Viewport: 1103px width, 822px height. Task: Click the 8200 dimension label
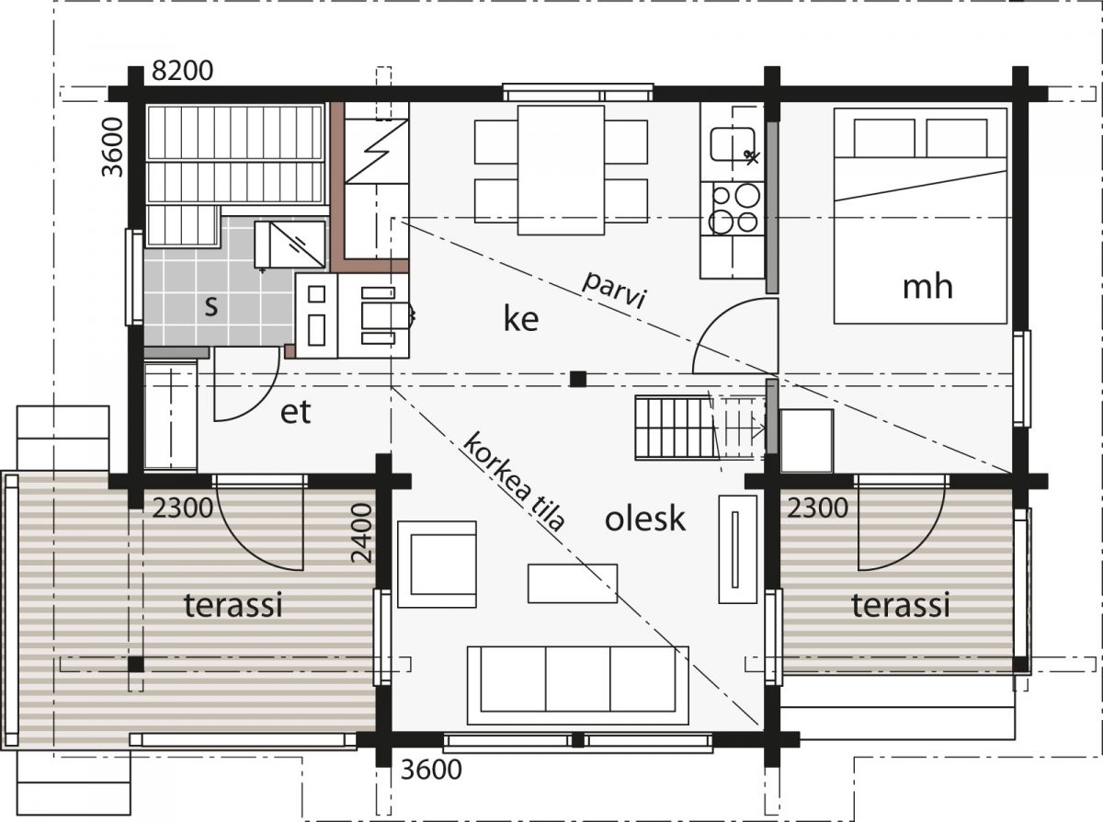pyautogui.click(x=183, y=71)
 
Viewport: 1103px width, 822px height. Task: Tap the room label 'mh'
pyautogui.click(x=927, y=288)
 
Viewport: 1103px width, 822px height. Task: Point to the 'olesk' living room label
pyautogui.click(x=645, y=519)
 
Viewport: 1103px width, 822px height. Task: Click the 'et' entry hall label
pyautogui.click(x=295, y=412)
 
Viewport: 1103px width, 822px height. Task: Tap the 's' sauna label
pyautogui.click(x=211, y=306)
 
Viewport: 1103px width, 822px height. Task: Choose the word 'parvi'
pyautogui.click(x=615, y=291)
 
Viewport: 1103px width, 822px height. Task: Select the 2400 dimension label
pyautogui.click(x=361, y=533)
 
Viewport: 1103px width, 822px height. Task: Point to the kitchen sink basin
pyautogui.click(x=733, y=144)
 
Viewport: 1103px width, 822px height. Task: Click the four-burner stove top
pyautogui.click(x=733, y=209)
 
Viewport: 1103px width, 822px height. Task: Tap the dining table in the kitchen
pyautogui.click(x=561, y=170)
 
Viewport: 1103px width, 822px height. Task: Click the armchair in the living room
pyautogui.click(x=438, y=565)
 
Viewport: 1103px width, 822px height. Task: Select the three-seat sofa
pyautogui.click(x=578, y=685)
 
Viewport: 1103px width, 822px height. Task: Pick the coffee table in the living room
pyautogui.click(x=573, y=583)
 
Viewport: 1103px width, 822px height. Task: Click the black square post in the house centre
pyautogui.click(x=578, y=379)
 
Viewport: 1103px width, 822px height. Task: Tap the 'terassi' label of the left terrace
pyautogui.click(x=233, y=605)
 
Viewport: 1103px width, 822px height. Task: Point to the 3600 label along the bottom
pyautogui.click(x=431, y=770)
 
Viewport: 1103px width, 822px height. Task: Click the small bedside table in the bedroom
pyautogui.click(x=807, y=440)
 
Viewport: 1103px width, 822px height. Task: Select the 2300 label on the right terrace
pyautogui.click(x=817, y=508)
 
